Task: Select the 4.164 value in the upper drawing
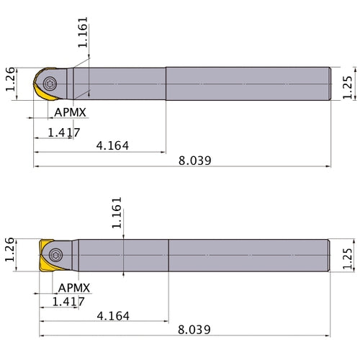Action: pos(112,146)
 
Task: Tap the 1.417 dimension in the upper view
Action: pos(63,132)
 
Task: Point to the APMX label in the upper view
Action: pos(71,114)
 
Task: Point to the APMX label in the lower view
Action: pos(74,287)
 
